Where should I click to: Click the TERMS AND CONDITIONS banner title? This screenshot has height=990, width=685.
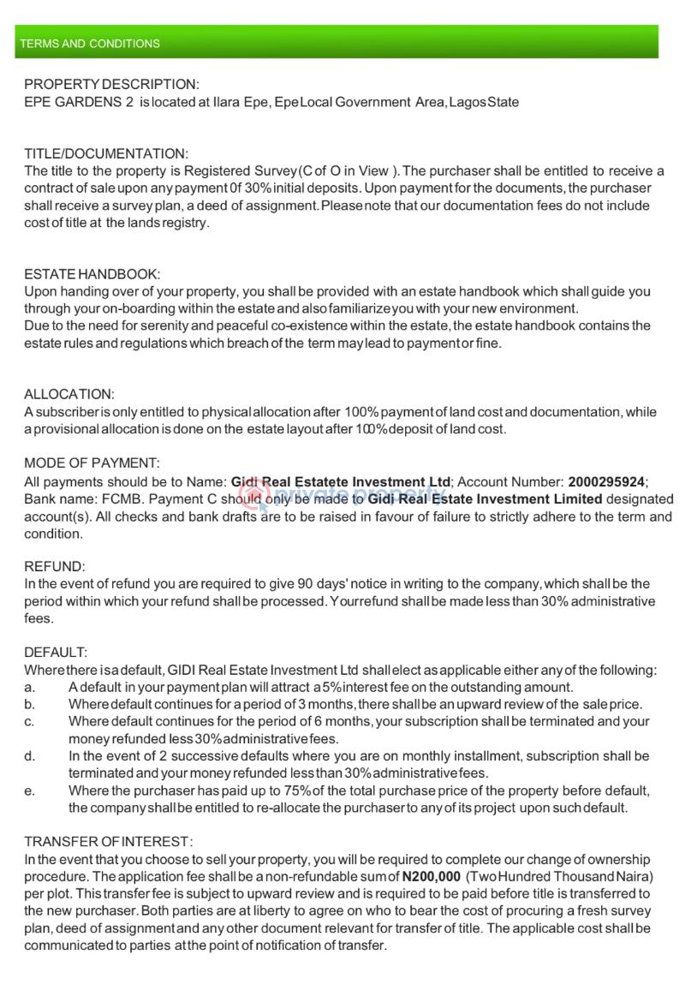click(x=90, y=44)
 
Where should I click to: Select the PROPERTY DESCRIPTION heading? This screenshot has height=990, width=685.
click(x=111, y=85)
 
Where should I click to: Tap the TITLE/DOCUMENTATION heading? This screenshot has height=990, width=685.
click(x=106, y=154)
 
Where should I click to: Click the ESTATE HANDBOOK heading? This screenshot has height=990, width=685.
click(x=92, y=274)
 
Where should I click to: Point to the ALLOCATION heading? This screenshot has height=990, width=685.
click(x=68, y=395)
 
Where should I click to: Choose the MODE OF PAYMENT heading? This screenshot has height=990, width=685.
click(x=92, y=463)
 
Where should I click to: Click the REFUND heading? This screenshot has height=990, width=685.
click(x=55, y=567)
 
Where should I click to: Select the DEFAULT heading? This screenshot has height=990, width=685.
click(x=56, y=653)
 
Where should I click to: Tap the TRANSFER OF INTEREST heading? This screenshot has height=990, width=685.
click(x=109, y=842)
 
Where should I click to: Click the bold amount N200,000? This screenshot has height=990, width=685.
click(x=431, y=877)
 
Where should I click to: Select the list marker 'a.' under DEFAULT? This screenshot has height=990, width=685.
click(x=30, y=688)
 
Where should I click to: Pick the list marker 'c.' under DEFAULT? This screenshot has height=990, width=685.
click(x=30, y=722)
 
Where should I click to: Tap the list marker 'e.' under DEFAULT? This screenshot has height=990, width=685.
click(x=30, y=790)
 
